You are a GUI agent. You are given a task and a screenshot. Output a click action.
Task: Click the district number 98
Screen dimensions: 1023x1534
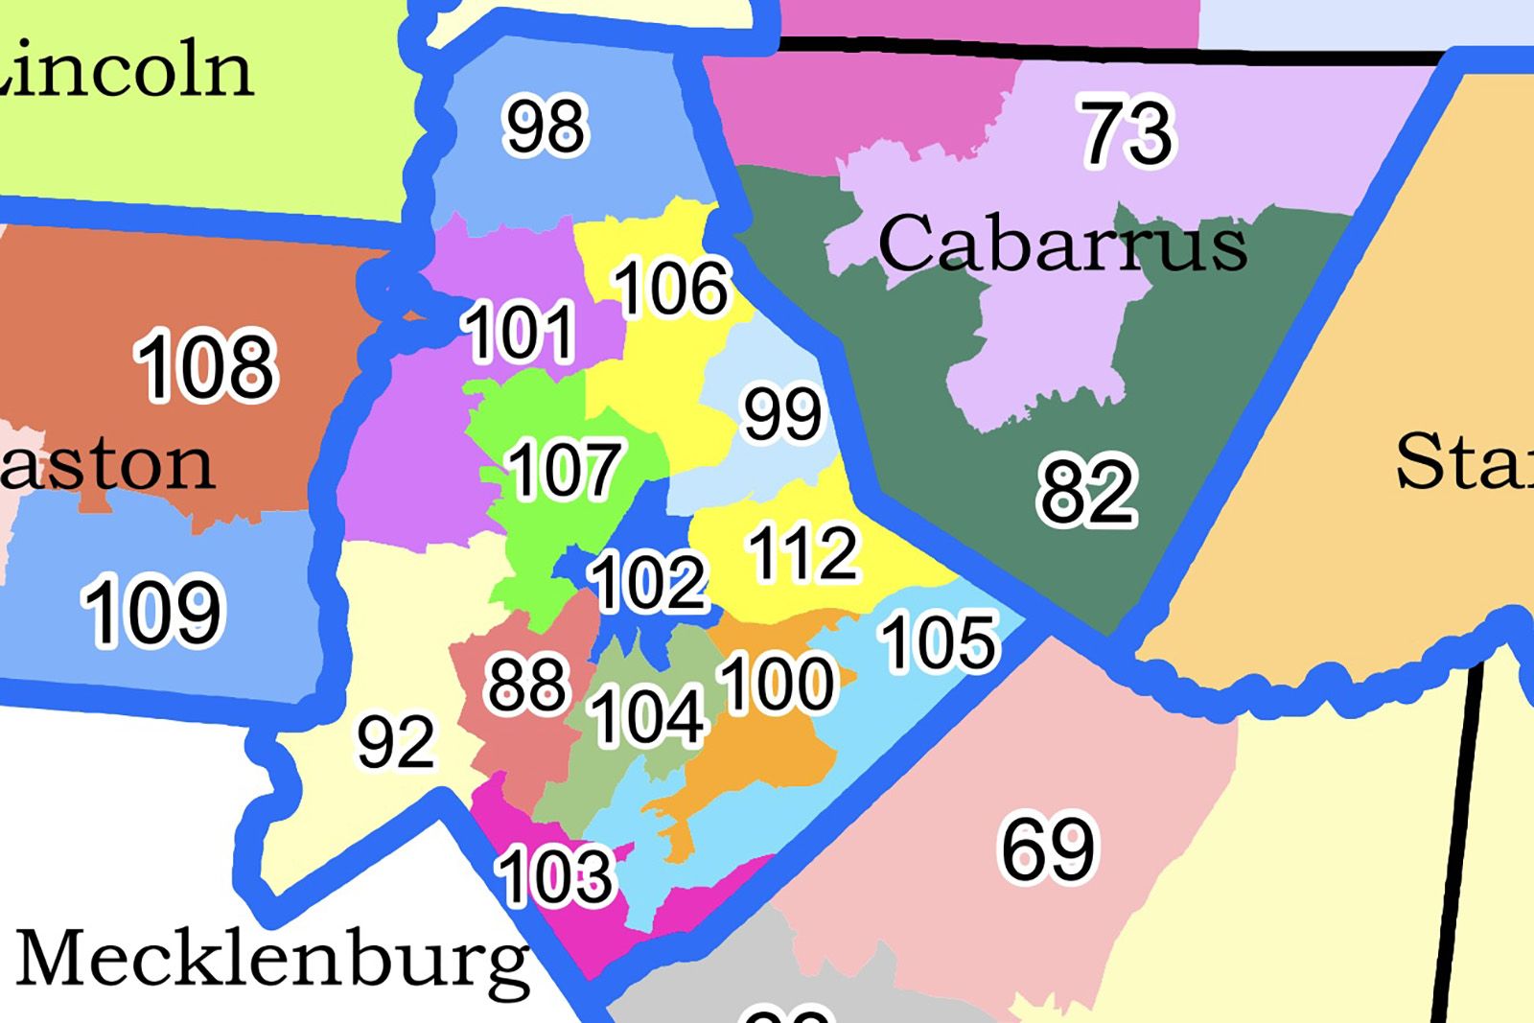(x=545, y=127)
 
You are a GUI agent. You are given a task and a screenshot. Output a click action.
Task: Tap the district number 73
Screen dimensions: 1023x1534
(x=1127, y=133)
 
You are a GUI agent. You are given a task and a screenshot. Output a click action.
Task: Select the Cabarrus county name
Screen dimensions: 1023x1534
(x=1062, y=244)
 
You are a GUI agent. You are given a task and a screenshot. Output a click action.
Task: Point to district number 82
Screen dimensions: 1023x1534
(x=1087, y=492)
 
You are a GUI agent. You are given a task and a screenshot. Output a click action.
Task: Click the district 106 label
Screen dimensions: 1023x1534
(x=671, y=288)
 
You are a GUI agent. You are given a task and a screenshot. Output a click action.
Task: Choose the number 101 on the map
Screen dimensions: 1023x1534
(x=520, y=332)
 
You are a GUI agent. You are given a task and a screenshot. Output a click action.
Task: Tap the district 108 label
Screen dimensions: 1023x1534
(x=206, y=365)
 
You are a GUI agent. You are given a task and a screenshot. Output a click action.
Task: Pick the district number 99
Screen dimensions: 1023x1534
(x=783, y=413)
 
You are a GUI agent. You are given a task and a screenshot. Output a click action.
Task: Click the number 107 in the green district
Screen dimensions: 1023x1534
(x=565, y=470)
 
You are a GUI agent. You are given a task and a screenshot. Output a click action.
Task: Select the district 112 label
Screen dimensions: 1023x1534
(x=803, y=553)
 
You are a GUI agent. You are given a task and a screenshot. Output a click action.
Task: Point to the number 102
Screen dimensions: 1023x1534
(x=649, y=582)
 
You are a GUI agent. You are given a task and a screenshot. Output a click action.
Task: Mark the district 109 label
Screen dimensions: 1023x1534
(x=153, y=611)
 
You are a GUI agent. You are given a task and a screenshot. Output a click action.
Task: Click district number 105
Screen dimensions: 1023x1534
(x=940, y=641)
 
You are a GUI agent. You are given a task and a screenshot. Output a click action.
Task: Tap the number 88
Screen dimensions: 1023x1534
(x=526, y=685)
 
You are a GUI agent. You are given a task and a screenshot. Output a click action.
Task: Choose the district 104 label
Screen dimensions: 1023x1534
(x=648, y=716)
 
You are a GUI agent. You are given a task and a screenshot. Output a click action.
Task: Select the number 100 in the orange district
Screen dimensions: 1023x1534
(x=777, y=683)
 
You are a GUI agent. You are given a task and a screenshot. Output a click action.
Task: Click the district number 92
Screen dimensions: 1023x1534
(x=396, y=741)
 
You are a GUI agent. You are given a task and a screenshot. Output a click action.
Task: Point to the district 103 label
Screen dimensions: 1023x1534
(x=555, y=875)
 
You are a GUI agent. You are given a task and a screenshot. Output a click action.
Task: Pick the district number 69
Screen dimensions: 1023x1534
(x=1048, y=848)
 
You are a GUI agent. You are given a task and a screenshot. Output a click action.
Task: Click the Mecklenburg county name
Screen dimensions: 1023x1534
(x=273, y=959)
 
